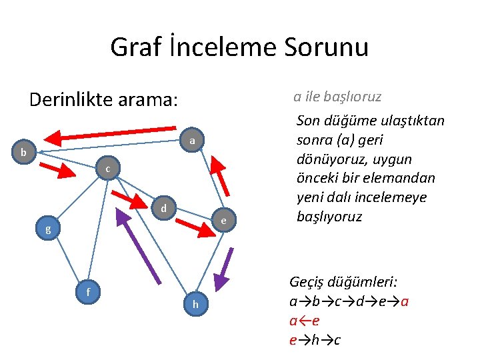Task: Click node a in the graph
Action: coord(191,141)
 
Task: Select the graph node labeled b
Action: coord(24,153)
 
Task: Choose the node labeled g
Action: coord(47,230)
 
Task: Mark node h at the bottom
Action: coord(195,304)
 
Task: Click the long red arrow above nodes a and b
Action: coord(113,135)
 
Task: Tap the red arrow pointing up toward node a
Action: coord(219,176)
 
